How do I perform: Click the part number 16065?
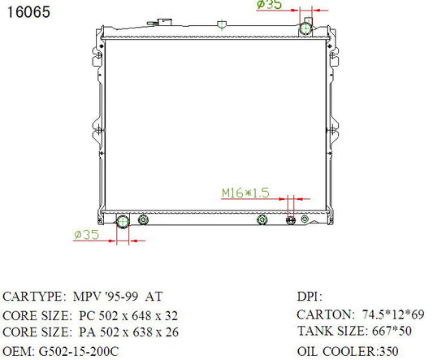pos(28,12)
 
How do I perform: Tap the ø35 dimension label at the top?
pos(269,4)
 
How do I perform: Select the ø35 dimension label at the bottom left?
pos(86,235)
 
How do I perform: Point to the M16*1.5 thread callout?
pos(245,193)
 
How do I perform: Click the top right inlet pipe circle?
pos(305,28)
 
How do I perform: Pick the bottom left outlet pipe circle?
pos(123,222)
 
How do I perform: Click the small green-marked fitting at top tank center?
pos(222,24)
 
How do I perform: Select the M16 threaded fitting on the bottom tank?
pos(291,220)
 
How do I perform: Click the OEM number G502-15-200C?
pos(79,352)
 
